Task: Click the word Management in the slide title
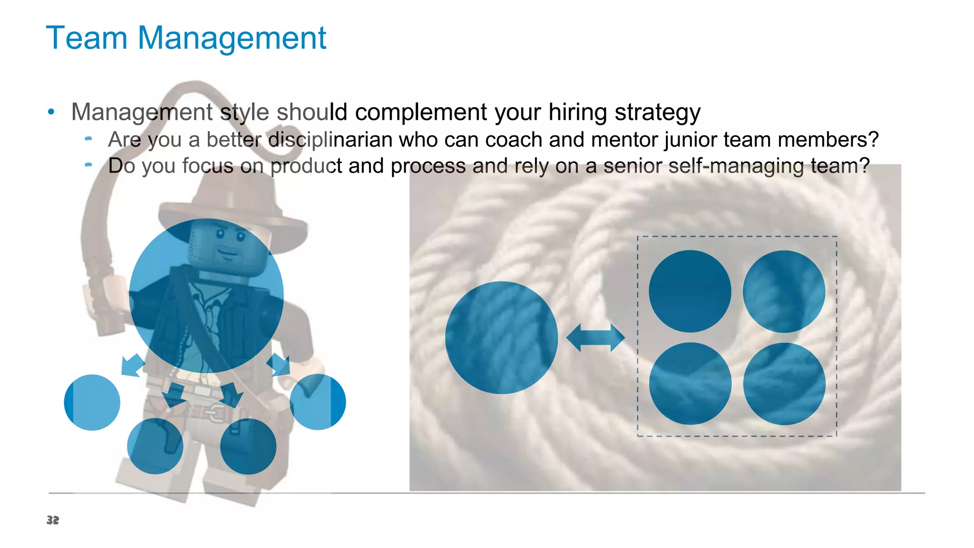click(232, 38)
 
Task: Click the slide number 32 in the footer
click(53, 520)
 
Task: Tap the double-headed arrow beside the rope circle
click(595, 338)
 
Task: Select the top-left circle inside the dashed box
click(690, 291)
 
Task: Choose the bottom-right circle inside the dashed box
click(784, 383)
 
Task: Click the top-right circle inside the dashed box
click(784, 291)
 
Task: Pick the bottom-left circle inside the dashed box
click(690, 383)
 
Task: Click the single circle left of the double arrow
click(501, 338)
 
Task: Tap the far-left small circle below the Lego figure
click(92, 402)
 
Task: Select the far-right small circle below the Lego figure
click(318, 402)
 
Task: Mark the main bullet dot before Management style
click(51, 112)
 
